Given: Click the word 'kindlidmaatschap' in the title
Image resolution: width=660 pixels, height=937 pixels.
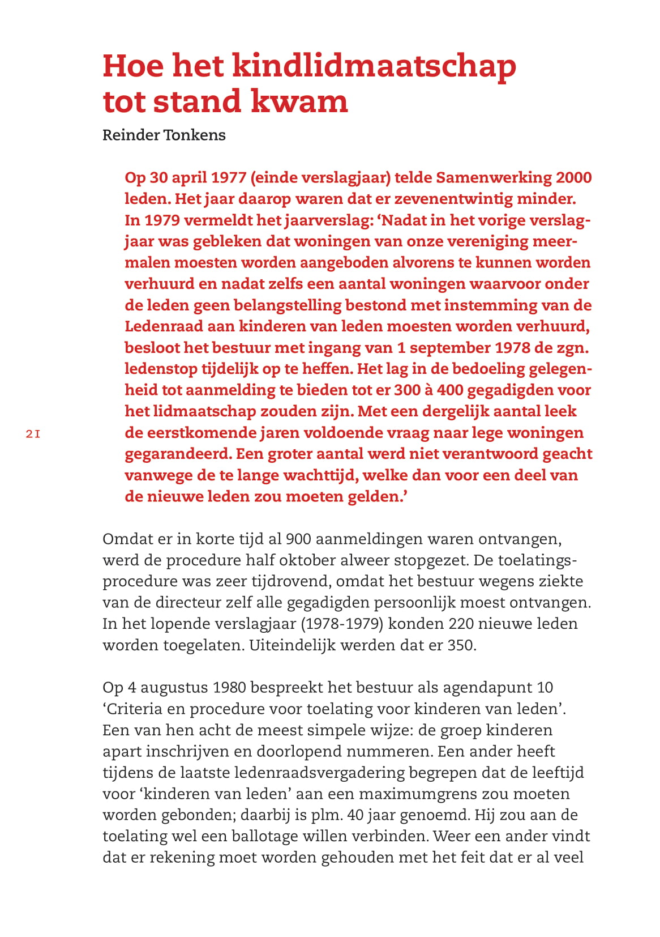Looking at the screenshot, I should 374,66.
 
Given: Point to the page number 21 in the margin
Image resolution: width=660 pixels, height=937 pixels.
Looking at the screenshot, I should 33,435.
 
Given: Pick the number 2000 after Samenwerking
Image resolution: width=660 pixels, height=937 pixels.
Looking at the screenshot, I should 573,178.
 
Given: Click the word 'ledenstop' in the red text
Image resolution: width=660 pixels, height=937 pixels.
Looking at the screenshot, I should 161,369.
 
